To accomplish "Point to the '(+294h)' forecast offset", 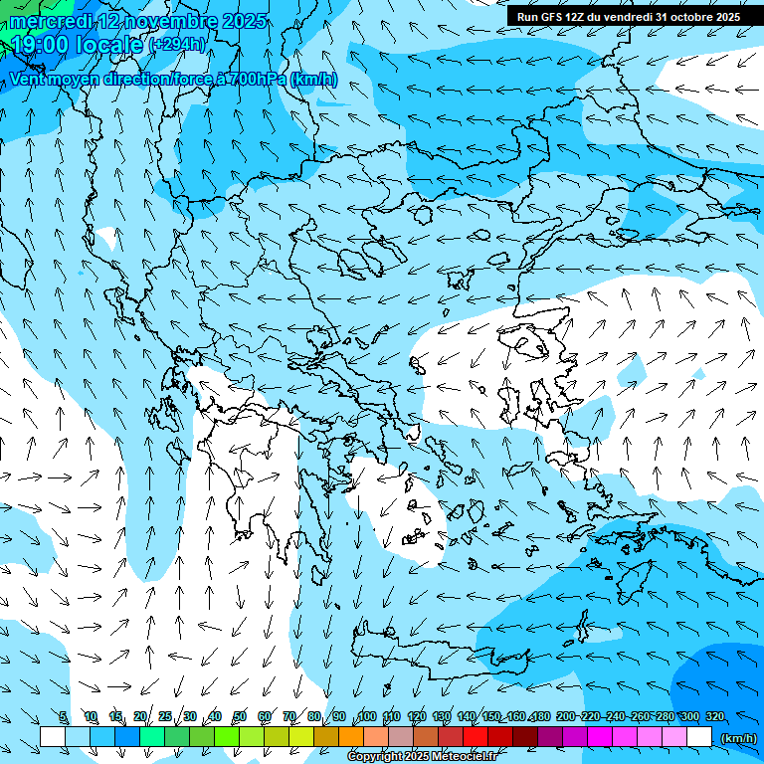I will (177, 44).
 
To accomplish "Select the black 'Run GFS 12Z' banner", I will (628, 17).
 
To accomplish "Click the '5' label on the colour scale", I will (63, 716).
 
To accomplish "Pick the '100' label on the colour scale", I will (367, 716).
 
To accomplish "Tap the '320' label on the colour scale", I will (715, 716).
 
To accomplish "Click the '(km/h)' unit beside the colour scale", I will (738, 737).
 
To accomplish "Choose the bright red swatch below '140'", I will (476, 737).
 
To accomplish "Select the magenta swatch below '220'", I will (600, 737).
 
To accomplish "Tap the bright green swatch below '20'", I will (152, 737).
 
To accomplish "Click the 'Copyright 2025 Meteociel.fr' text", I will (422, 757).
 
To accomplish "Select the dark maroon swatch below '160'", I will (525, 737).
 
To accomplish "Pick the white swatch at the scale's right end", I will (699, 737).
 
